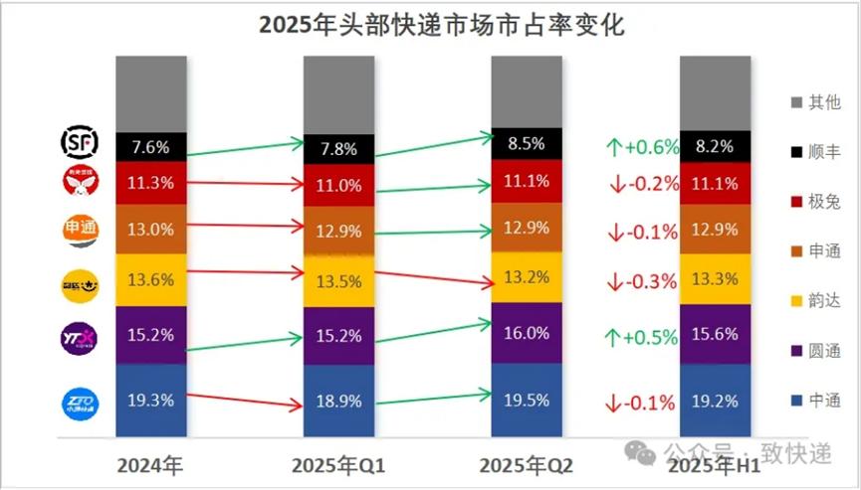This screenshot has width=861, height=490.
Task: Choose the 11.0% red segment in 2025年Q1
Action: click(x=339, y=184)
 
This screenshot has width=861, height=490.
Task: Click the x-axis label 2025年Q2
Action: click(x=526, y=464)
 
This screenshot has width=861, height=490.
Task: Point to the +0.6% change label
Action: click(x=642, y=147)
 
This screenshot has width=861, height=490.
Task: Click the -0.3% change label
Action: click(x=642, y=281)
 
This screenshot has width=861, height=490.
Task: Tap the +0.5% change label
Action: click(x=642, y=338)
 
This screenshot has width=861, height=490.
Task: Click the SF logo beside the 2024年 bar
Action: click(x=79, y=142)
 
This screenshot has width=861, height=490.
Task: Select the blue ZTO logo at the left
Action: click(x=79, y=403)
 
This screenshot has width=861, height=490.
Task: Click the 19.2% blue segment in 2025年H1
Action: click(x=715, y=401)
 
